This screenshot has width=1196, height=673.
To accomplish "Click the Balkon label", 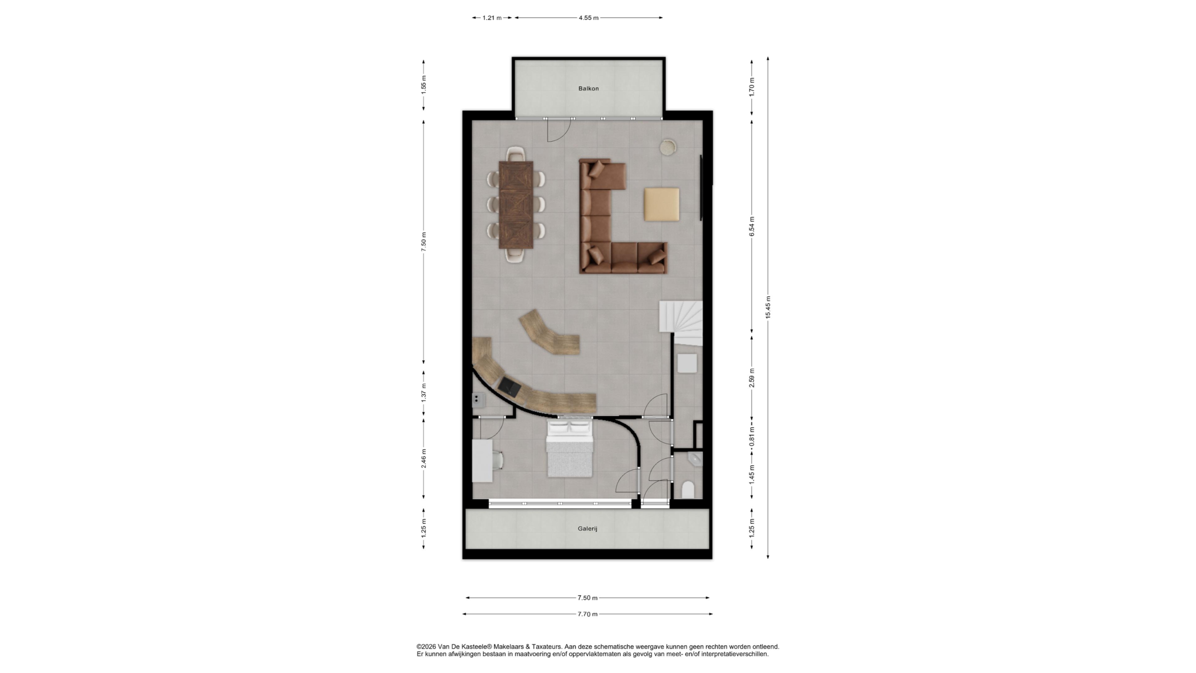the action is [588, 88].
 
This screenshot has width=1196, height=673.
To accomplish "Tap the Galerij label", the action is [587, 529].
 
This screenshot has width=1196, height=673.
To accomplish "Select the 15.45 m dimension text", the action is [768, 307].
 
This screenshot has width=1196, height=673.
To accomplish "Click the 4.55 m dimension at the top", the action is [588, 18].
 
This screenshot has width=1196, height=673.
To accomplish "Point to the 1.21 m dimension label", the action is [491, 18].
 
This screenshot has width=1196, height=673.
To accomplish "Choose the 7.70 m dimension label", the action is [587, 614].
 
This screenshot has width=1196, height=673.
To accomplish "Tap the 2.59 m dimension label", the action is [752, 378].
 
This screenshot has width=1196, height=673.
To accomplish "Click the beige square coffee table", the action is [662, 204].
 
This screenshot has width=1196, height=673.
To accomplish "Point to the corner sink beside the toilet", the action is [697, 460].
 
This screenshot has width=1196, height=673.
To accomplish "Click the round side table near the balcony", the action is [668, 147].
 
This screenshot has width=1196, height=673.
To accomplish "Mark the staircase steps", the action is [681, 323].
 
